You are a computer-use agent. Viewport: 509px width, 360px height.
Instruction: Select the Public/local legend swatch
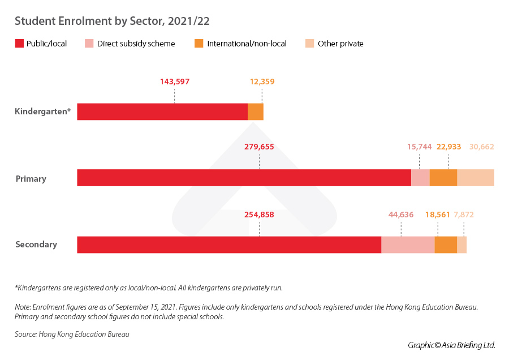[19, 44]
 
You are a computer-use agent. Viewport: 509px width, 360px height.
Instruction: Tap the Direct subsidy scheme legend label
[136, 44]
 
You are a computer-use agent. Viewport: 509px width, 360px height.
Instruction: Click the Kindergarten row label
[43, 112]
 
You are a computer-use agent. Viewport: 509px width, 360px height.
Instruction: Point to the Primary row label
[31, 179]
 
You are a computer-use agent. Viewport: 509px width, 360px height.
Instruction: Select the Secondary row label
[36, 245]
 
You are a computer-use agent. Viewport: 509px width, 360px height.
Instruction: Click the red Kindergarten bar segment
[162, 112]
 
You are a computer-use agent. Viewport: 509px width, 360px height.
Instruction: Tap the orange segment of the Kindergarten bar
[256, 112]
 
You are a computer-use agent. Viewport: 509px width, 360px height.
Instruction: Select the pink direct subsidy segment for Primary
[420, 178]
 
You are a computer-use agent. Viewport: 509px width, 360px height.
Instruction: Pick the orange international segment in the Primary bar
[443, 178]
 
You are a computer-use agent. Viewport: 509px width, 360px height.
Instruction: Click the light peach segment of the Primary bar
[476, 178]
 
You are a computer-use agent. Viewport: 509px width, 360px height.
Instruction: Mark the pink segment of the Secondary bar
[408, 245]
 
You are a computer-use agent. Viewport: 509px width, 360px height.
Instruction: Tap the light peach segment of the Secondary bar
[461, 245]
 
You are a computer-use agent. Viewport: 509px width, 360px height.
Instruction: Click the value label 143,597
[174, 82]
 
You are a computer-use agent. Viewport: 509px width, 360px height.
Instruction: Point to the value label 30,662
[481, 147]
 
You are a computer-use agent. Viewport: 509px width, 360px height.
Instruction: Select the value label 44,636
[401, 215]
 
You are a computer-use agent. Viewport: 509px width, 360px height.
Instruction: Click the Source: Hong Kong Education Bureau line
[72, 335]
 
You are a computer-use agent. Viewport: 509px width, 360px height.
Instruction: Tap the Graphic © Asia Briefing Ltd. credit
[451, 345]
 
